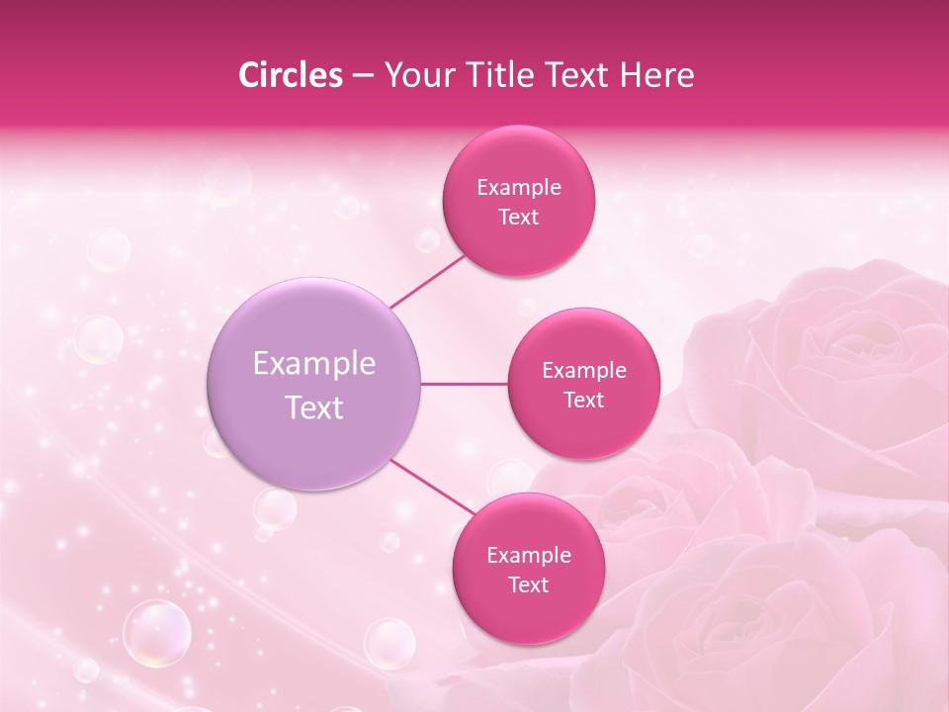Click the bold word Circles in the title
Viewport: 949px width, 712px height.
click(x=290, y=75)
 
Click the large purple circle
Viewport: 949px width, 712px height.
click(x=314, y=384)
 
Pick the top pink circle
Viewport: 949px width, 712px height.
click(x=518, y=201)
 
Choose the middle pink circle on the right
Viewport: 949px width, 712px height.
click(x=583, y=384)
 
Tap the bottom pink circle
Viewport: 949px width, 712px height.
click(x=528, y=569)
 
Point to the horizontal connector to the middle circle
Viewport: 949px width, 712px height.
click(x=465, y=384)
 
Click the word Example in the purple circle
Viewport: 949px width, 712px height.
click(x=314, y=364)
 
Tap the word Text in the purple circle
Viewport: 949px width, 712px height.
click(x=314, y=407)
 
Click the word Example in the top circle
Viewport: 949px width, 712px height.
click(x=518, y=187)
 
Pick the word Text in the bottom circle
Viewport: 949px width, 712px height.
click(x=528, y=584)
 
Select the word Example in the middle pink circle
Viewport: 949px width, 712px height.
click(x=583, y=371)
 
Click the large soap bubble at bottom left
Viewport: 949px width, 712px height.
click(x=156, y=633)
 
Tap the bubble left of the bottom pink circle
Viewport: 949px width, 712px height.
click(x=389, y=644)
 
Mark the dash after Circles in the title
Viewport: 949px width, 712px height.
click(x=363, y=76)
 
